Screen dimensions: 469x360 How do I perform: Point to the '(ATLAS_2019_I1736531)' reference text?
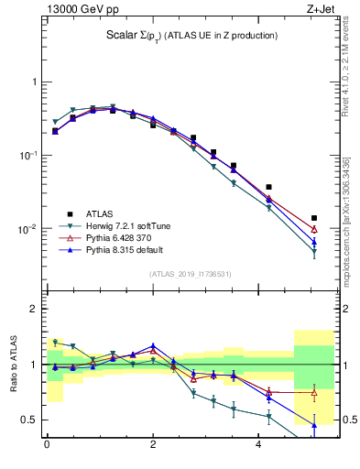[x=190, y=274]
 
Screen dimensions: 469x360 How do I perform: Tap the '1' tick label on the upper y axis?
[x=35, y=82]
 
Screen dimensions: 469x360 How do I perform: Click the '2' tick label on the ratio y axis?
[x=35, y=309]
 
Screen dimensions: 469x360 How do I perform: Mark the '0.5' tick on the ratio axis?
[x=30, y=420]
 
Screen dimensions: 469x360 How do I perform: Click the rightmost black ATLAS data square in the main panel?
[x=314, y=218]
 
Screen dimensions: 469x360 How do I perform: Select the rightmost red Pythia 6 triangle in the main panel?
[x=314, y=229]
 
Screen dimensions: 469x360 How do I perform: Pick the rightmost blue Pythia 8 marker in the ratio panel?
[x=314, y=425]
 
